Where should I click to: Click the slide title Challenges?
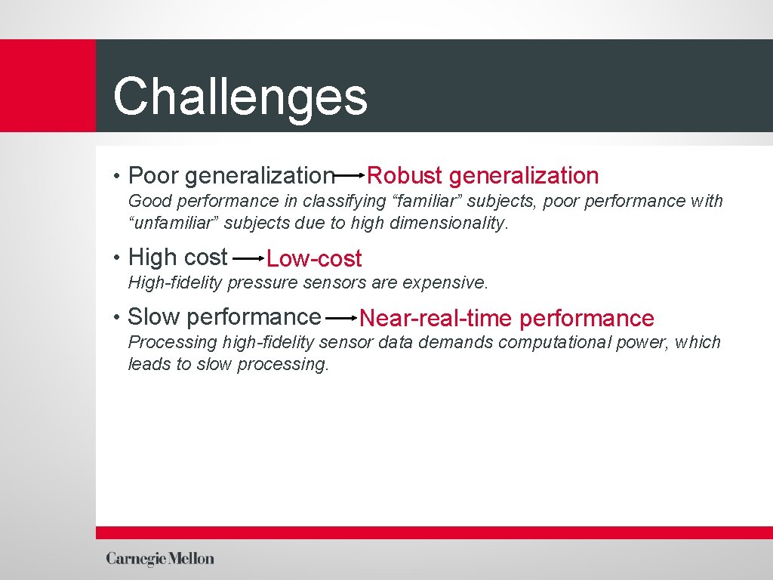pos(240,97)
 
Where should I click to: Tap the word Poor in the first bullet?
pos(154,176)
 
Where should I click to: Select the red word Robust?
pos(404,176)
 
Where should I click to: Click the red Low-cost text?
pos(314,259)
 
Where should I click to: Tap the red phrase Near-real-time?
pos(436,319)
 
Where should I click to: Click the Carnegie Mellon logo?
pos(160,559)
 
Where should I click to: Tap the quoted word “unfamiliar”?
pos(174,224)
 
